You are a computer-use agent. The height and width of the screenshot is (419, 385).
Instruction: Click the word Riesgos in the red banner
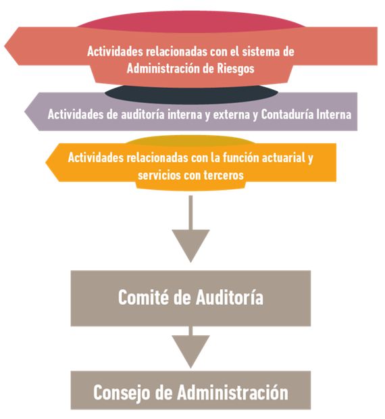[x=235, y=69]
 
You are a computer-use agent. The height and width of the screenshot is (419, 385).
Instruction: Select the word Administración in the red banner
[x=163, y=68]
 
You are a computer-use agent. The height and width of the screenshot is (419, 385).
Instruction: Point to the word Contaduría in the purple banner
[x=287, y=114]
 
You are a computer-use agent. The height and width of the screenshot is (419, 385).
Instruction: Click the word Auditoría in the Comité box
[x=230, y=297]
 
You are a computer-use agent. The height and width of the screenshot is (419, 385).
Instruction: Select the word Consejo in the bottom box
[x=122, y=393]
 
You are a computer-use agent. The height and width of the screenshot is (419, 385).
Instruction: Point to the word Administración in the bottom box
[x=232, y=392]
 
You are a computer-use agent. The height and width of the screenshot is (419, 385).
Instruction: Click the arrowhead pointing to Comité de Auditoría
[x=190, y=246]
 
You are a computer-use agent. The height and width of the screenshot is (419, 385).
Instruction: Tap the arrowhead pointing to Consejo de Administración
[x=190, y=351]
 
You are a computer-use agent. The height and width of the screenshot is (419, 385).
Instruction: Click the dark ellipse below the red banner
[x=191, y=95]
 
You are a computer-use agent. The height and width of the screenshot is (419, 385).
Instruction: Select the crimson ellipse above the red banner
[x=191, y=21]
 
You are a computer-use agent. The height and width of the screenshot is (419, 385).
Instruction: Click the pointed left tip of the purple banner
[x=24, y=112]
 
